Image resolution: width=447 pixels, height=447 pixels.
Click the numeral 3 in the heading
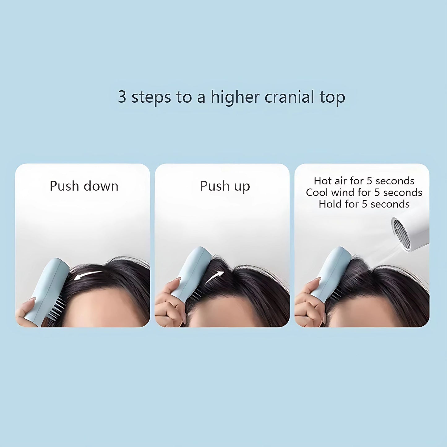pyautogui.click(x=122, y=97)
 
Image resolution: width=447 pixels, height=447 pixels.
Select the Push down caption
pyautogui.click(x=84, y=186)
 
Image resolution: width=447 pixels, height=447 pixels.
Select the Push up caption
pyautogui.click(x=225, y=186)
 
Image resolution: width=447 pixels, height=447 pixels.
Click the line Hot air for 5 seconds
pyautogui.click(x=364, y=181)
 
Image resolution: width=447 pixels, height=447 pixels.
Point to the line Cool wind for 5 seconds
pyautogui.click(x=364, y=192)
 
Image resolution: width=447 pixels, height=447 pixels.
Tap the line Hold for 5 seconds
pyautogui.click(x=364, y=204)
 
